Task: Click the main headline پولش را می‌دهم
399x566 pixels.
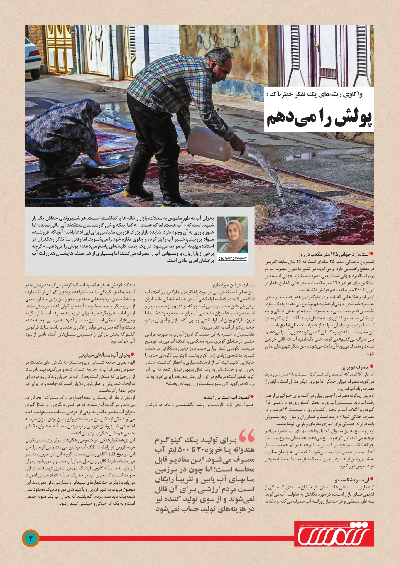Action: [x=319, y=118]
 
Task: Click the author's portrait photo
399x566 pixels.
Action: [x=232, y=234]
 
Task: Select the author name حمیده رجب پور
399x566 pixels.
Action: [x=232, y=258]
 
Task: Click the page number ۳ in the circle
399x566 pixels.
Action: [x=31, y=538]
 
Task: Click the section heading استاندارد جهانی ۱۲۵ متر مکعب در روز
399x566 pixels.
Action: [x=334, y=254]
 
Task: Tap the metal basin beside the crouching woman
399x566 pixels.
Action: [x=106, y=163]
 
